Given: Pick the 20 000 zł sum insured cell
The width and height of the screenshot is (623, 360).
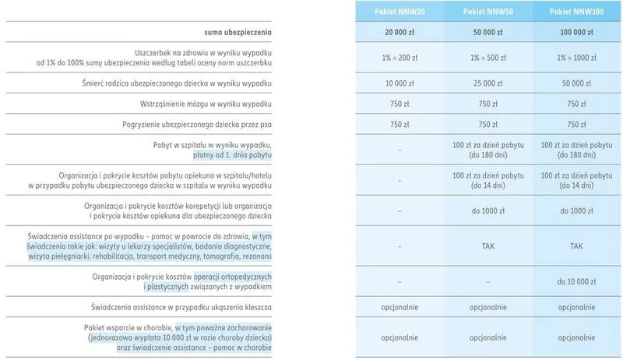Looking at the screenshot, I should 399,33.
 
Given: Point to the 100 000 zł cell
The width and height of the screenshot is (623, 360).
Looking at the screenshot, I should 576,33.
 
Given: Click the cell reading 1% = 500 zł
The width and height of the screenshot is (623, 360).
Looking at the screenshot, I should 487,58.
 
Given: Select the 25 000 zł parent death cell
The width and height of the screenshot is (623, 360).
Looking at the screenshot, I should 487,83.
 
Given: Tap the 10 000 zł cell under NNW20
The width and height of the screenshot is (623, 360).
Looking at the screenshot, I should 399,83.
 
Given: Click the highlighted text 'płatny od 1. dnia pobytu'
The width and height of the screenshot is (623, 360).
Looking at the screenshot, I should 232,155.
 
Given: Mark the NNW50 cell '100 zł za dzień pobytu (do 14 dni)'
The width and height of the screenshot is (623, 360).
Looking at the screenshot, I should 487,180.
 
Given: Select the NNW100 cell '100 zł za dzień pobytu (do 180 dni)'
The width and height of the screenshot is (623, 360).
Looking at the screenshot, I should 576,150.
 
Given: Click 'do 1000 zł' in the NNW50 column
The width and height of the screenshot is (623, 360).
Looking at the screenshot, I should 487,210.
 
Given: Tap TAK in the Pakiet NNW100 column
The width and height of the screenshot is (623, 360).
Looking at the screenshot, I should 576,246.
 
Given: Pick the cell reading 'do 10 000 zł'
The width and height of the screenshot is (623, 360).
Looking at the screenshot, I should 576,281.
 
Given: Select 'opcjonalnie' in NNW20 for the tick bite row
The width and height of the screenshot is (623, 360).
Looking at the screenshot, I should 399,308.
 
